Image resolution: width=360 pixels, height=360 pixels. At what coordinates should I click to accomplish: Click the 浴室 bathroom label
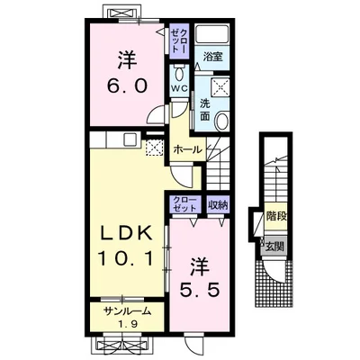(212, 57)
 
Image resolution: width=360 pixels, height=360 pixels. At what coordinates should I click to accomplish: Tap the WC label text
(179, 88)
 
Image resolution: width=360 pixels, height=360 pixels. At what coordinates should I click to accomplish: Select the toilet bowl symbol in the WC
(179, 74)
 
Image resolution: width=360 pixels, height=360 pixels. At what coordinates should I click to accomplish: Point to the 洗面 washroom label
(205, 110)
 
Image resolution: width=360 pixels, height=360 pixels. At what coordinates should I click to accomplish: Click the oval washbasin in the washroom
(222, 121)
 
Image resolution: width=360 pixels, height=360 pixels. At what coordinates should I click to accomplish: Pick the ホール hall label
(188, 149)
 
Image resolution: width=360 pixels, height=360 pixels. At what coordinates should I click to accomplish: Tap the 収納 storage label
(219, 205)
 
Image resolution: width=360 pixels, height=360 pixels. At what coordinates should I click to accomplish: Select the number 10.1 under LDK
(126, 258)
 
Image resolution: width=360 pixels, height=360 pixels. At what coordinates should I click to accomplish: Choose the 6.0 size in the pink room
(127, 86)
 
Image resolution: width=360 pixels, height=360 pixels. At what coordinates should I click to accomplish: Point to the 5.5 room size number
(199, 290)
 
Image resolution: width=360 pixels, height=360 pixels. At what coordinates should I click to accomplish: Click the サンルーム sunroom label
(127, 312)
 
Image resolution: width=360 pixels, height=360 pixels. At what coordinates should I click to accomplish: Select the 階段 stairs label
(275, 216)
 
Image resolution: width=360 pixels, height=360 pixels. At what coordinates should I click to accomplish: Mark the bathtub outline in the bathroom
(212, 34)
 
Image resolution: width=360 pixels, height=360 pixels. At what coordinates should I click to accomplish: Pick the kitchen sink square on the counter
(130, 139)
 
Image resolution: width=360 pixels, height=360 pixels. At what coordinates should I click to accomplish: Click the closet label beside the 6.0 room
(179, 40)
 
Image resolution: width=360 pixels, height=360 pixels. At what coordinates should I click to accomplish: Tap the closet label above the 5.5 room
(184, 204)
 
